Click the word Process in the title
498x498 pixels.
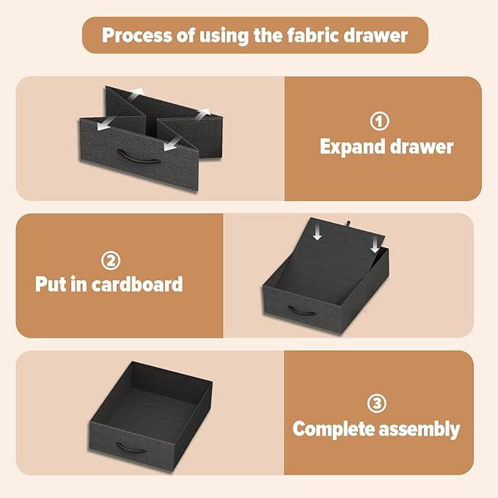(x=137, y=35)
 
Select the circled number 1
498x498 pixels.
(x=379, y=121)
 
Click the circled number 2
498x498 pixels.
(x=111, y=260)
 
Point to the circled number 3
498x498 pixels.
(x=377, y=403)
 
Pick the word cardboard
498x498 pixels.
(x=138, y=284)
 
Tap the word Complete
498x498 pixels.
(x=334, y=428)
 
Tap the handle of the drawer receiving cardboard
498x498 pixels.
(x=302, y=310)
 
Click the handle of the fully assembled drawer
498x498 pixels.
(x=131, y=447)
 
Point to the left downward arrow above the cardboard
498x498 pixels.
(x=317, y=233)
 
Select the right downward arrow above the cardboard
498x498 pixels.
(x=375, y=246)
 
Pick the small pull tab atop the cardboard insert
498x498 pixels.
(x=348, y=224)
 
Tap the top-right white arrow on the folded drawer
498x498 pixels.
(x=203, y=113)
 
